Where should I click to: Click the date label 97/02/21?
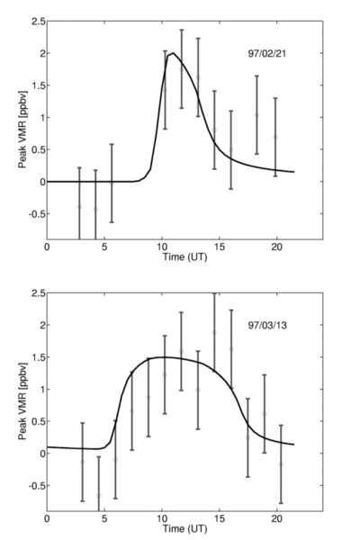[x=267, y=54]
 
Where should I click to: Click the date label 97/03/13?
[x=267, y=326]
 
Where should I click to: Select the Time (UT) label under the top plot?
[x=185, y=256]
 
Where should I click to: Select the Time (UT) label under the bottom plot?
[x=185, y=528]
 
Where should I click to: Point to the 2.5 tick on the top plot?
[x=38, y=22]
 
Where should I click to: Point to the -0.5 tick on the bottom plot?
[x=37, y=486]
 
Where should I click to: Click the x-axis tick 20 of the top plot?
[x=276, y=247]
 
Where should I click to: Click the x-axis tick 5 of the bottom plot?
[x=104, y=518]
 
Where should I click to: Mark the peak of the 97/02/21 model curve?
[x=174, y=53]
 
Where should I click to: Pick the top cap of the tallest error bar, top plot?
[x=182, y=30]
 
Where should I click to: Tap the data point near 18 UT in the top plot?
[x=256, y=115]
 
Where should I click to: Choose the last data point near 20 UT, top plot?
[x=275, y=137]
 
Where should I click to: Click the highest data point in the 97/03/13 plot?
[x=214, y=332]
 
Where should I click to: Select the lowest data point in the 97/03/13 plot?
[x=99, y=496]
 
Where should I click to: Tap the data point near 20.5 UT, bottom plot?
[x=281, y=464]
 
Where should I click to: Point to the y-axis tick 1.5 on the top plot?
[x=38, y=85]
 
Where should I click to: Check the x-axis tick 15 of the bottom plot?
[x=220, y=518]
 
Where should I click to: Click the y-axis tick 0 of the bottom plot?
[x=42, y=454]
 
